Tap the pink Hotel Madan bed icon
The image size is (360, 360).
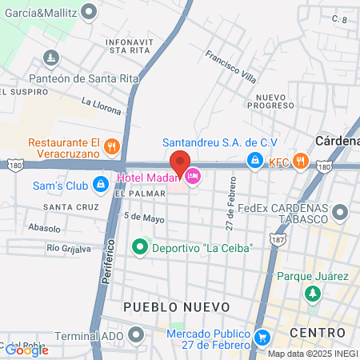pos(191,175)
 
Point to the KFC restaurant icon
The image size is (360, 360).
pos(300,161)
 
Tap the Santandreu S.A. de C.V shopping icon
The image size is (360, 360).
pos(254,161)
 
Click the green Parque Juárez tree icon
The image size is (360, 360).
pos(312,295)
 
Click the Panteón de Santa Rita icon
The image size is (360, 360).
pos(51,58)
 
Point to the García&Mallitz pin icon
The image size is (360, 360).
pos(88,12)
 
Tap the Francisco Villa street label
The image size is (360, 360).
pos(230,68)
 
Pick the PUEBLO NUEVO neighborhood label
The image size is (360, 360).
pos(176,307)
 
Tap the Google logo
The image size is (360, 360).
pos(26,350)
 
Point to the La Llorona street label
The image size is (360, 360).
pos(101,106)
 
